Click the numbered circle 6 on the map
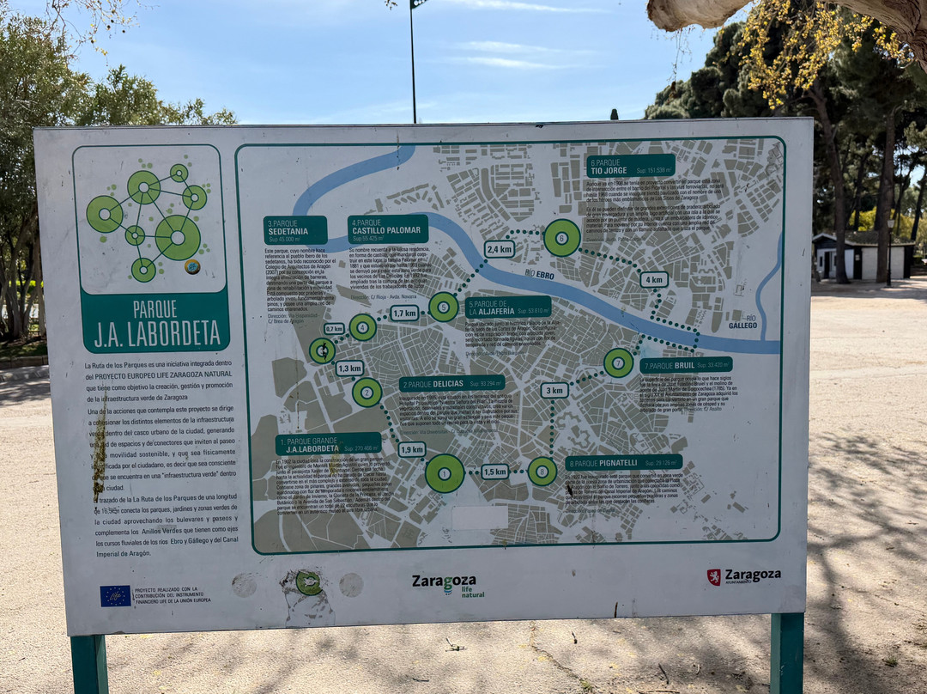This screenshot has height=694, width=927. [561, 238]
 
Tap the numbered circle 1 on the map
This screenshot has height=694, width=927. [445, 473]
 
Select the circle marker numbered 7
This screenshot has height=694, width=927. [618, 362]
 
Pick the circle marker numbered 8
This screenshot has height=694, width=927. [542, 471]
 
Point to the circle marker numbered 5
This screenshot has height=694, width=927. [443, 307]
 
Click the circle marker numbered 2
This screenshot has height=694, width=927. [367, 393]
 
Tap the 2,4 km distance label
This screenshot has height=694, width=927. [499, 249]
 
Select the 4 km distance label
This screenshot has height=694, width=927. [653, 279]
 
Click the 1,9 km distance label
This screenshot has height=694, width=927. [412, 449]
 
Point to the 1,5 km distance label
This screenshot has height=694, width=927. [494, 471]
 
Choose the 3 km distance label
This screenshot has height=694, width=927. [554, 390]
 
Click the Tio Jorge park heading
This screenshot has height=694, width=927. [631, 166]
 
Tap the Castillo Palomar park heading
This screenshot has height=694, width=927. [388, 229]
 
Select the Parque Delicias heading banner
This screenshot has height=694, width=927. [451, 384]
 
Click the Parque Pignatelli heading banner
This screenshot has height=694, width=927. [623, 463]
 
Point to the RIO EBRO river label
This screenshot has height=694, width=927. [539, 275]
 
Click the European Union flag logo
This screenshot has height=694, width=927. [115, 595]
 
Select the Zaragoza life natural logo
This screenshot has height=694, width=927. [447, 584]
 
